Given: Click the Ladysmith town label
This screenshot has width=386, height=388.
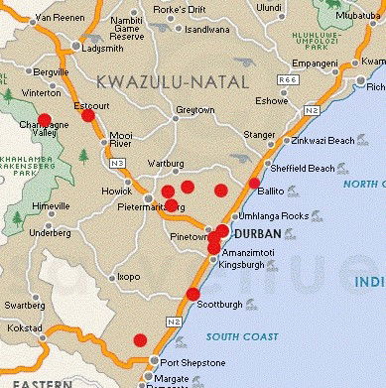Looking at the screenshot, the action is coord(104,48).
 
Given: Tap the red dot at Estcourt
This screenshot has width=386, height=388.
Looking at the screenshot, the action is coord(88,116).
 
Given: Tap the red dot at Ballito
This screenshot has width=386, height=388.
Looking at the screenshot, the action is coord(255,183).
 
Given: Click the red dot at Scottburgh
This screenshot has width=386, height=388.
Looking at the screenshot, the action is coord(193,293).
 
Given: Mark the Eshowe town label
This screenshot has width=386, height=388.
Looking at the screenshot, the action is coord(271,101).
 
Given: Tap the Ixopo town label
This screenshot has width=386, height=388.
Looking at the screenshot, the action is coord(128,277).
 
